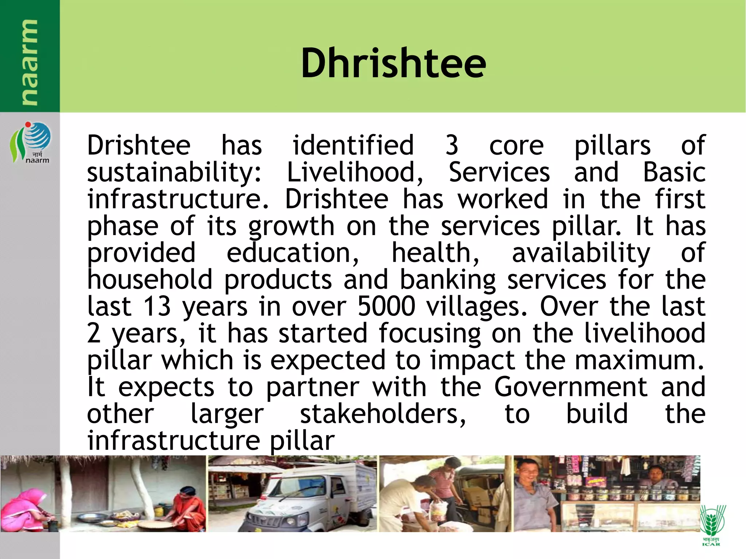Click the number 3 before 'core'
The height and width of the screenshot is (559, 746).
pos(451,145)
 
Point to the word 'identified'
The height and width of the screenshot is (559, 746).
pos(353,145)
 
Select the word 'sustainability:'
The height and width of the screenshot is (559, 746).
pos(174,173)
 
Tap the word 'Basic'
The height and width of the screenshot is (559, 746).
pos(674,172)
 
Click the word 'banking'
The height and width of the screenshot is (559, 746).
pos(448,280)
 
